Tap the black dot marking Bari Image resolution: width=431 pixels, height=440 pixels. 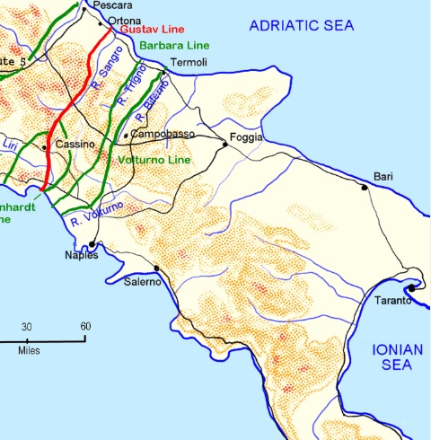pos(364,188)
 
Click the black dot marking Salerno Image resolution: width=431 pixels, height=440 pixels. pos(156,268)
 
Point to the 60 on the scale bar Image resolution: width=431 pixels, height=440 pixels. pos(84,326)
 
